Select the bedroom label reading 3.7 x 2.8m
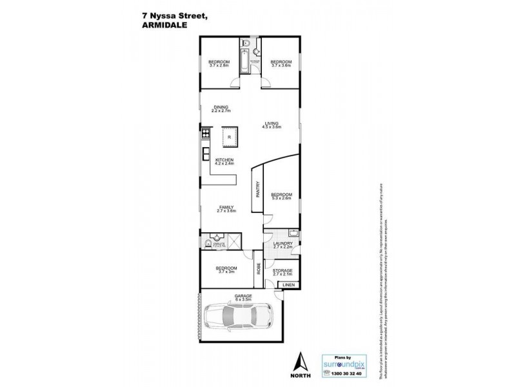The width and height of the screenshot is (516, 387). (x=219, y=63)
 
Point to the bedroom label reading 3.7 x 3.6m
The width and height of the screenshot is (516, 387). (x=282, y=63)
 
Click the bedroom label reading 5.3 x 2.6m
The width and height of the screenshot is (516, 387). (x=281, y=196)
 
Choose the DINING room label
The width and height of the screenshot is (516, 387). (x=221, y=109)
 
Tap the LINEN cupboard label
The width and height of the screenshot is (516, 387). (x=288, y=284)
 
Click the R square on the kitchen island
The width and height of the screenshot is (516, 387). (x=228, y=137)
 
